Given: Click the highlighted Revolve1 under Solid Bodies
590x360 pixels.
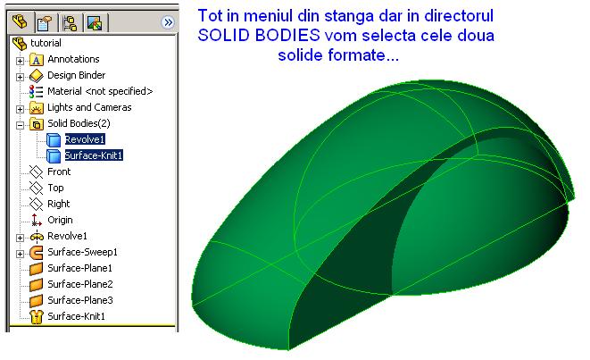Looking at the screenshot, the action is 85,139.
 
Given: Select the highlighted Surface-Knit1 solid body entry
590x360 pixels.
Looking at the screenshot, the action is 94,155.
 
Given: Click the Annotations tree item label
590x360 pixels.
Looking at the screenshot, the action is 73,59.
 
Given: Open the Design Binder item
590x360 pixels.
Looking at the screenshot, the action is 77,75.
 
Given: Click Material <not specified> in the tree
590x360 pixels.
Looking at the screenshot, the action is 100,91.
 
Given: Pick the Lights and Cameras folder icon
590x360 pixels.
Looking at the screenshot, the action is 37,108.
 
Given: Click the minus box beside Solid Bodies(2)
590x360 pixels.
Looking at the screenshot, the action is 20,125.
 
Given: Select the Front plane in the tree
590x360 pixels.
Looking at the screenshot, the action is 59,172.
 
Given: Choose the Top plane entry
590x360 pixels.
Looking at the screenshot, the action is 55,188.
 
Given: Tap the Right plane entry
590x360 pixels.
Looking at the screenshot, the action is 59,204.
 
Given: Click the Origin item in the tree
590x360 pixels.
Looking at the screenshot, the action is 60,220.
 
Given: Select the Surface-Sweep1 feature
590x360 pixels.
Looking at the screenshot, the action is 82,252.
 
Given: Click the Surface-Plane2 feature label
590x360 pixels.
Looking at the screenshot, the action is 80,284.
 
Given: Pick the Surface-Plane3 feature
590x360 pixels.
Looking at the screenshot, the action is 80,300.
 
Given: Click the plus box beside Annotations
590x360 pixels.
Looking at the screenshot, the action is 20,61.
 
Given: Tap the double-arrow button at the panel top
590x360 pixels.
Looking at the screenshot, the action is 168,22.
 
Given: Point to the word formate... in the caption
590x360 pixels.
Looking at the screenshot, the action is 363,55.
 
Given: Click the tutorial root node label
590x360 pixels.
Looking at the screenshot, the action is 46,43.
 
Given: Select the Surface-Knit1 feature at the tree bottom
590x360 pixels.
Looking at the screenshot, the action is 77,316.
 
